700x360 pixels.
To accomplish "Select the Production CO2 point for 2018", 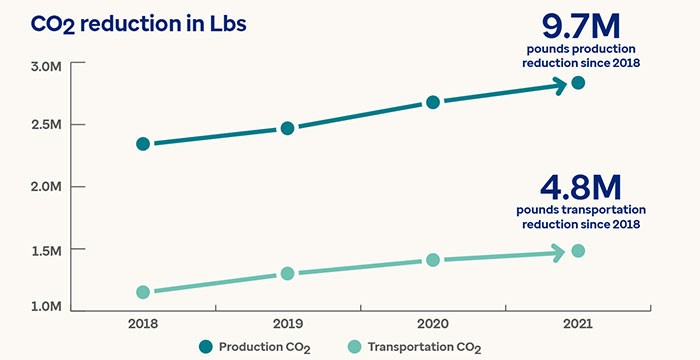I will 143,144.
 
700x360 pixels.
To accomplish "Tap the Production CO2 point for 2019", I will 287,128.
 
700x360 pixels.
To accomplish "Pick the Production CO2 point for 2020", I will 433,102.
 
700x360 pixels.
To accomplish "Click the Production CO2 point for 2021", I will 578,82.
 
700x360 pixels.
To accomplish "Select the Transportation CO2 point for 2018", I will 143,292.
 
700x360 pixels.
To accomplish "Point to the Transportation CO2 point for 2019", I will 287,273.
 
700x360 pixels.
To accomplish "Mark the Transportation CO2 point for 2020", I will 433,260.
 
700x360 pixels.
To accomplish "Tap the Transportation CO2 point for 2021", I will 578,250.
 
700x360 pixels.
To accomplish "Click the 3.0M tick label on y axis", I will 46,65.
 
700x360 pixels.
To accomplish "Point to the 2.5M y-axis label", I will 46,125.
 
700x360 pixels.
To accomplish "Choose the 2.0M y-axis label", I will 46,187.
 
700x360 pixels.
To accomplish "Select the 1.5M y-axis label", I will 46,249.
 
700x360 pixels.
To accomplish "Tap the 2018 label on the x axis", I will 143,324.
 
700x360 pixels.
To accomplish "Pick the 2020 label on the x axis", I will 433,324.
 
